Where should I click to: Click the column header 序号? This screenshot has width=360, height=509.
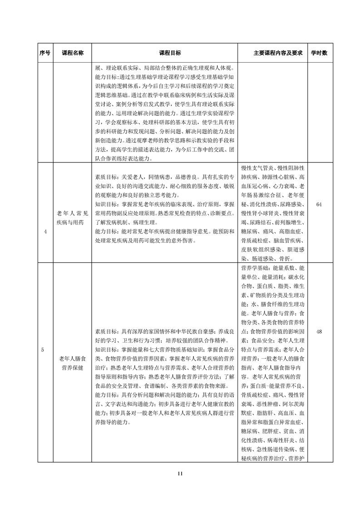(45, 53)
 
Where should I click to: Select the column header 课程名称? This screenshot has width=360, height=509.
(73, 53)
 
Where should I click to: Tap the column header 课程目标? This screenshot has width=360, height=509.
(164, 53)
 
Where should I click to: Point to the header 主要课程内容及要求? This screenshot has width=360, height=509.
(272, 53)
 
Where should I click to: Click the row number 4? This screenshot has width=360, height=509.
(45, 232)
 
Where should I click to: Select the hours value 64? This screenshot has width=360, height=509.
(319, 205)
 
